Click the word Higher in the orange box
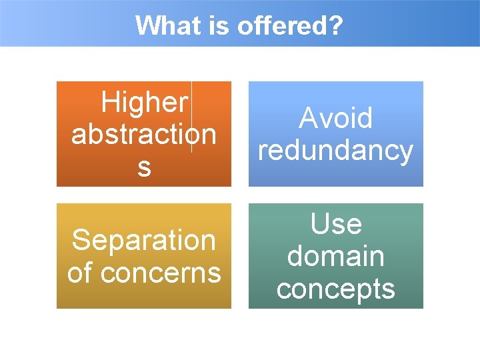click(x=144, y=103)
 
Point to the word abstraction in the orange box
click(x=143, y=134)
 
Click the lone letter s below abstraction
click(x=144, y=167)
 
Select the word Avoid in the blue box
click(x=335, y=119)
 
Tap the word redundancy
click(x=335, y=151)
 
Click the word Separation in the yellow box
click(x=143, y=240)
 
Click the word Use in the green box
click(x=336, y=224)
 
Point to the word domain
click(x=335, y=256)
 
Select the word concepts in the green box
click(x=335, y=289)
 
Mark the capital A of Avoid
click(x=307, y=119)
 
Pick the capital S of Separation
click(x=80, y=240)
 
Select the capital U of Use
click(x=319, y=224)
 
